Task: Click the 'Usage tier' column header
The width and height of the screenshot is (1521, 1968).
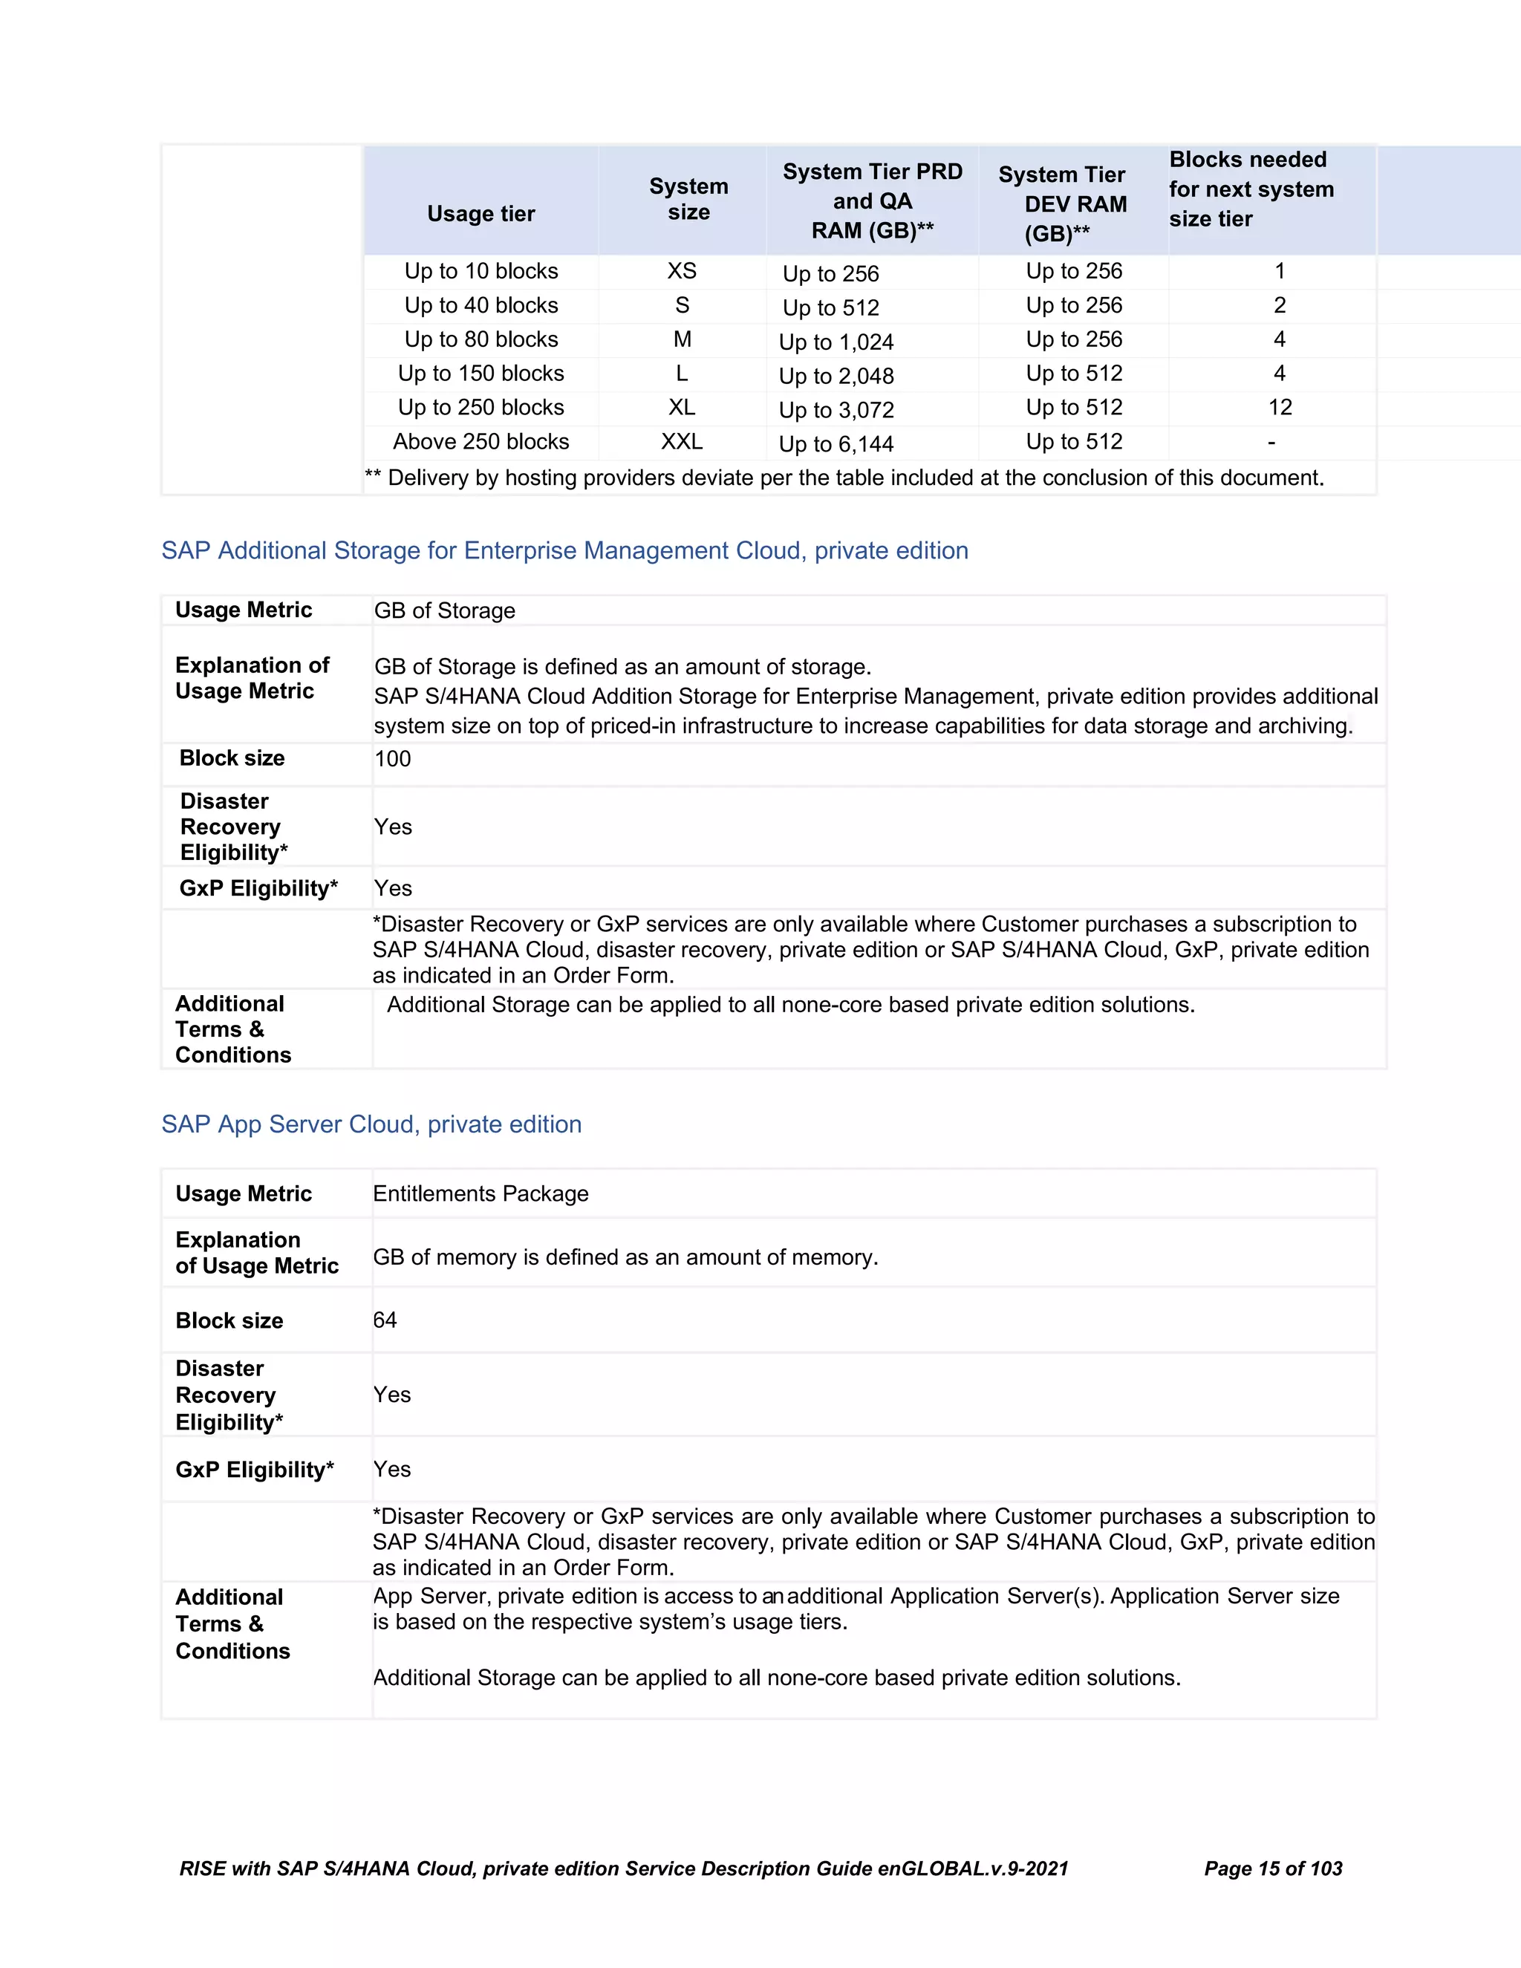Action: (481, 214)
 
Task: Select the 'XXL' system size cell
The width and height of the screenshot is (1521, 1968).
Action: (681, 442)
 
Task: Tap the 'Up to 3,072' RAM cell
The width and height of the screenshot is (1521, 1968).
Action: (836, 410)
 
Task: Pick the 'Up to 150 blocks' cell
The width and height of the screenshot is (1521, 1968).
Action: (481, 373)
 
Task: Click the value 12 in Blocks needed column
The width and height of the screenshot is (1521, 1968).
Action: (1280, 407)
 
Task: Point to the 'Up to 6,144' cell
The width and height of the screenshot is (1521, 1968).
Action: (836, 444)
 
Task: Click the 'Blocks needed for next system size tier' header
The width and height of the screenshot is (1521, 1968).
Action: (1251, 189)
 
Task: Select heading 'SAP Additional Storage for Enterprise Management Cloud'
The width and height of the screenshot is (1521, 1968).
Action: (564, 550)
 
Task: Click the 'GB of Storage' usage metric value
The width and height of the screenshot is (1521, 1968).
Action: (444, 611)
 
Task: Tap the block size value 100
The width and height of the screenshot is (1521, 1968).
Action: (393, 759)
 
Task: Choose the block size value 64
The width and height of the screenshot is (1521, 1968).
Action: (385, 1320)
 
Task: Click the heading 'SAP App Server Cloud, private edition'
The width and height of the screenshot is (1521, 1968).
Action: (371, 1124)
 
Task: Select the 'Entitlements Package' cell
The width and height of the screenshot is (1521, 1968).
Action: (481, 1194)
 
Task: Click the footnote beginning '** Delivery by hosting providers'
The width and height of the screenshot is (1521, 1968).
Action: (844, 478)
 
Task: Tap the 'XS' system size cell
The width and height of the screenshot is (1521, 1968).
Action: (681, 271)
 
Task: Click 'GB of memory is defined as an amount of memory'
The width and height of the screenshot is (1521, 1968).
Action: (625, 1257)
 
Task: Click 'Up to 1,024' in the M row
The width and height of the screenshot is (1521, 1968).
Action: (836, 342)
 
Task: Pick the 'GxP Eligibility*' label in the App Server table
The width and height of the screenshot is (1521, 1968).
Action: (254, 1470)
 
